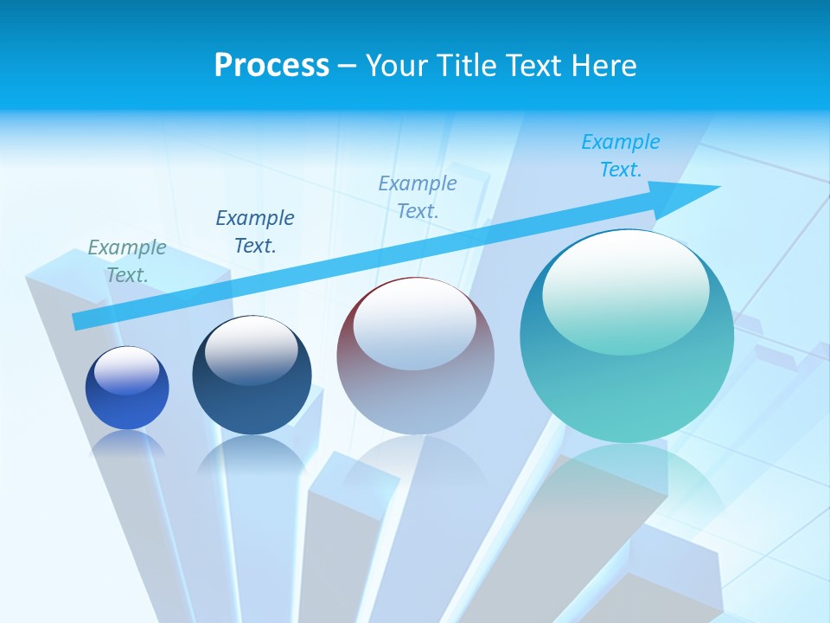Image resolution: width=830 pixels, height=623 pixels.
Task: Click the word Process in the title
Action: (271, 66)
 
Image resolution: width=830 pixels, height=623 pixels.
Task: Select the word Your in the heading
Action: (397, 66)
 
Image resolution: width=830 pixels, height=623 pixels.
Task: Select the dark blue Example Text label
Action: (255, 232)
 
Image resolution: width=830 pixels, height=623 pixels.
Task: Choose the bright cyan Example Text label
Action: (621, 156)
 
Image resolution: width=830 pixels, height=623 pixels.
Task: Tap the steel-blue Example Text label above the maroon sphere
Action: (418, 197)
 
